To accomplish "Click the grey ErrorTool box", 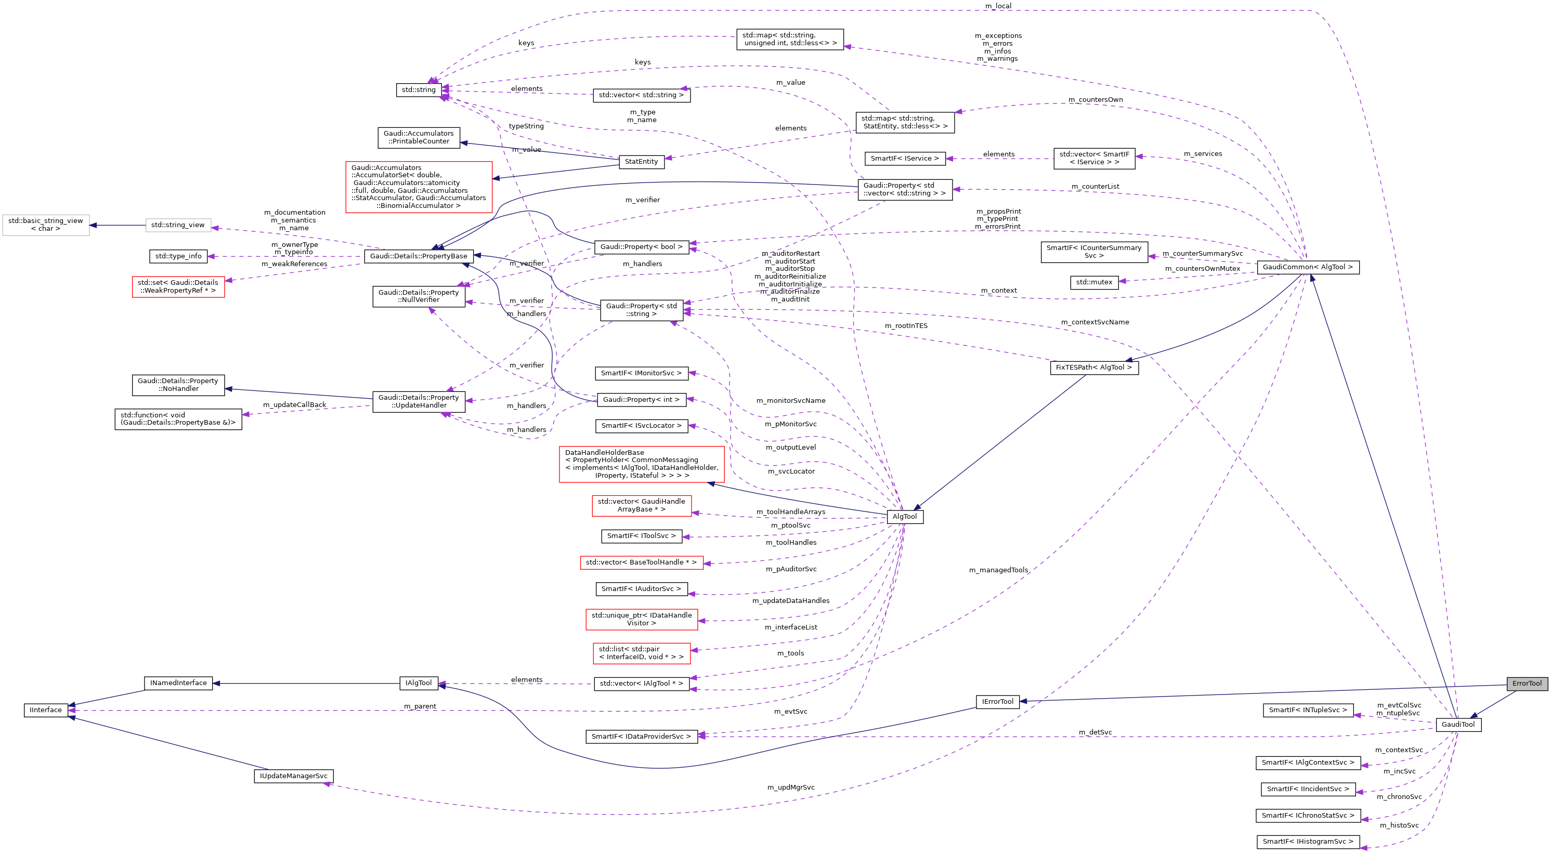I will pos(1527,683).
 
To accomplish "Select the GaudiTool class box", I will pos(1458,724).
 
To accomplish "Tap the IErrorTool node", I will pos(997,701).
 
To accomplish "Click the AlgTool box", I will pos(904,517).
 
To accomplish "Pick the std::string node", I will pos(419,90).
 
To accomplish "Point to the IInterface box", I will pos(46,710).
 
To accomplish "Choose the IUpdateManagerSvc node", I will pos(293,776).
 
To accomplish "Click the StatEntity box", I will pos(641,161).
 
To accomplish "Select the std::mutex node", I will pos(1094,282).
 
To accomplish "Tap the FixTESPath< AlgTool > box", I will pos(1093,368).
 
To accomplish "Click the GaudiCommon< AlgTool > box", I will pos(1307,267).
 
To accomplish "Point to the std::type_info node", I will pos(178,256).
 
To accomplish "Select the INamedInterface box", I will pos(178,683).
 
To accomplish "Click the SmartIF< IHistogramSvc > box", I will pos(1307,841).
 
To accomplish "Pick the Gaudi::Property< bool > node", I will pos(641,247).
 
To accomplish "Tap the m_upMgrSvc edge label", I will pos(790,787).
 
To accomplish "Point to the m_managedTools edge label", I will pos(998,570).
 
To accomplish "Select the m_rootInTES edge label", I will pos(906,326).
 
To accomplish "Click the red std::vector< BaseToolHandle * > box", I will pos(641,562).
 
